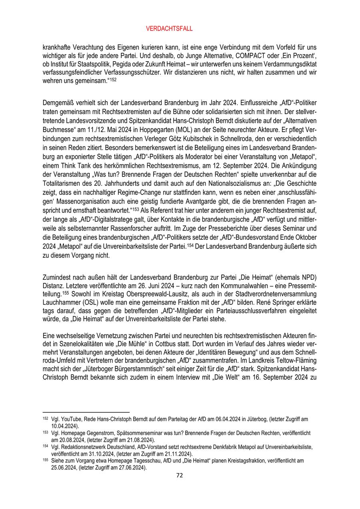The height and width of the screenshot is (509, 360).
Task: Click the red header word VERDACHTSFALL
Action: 180,29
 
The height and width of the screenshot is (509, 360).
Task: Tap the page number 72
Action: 180,475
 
